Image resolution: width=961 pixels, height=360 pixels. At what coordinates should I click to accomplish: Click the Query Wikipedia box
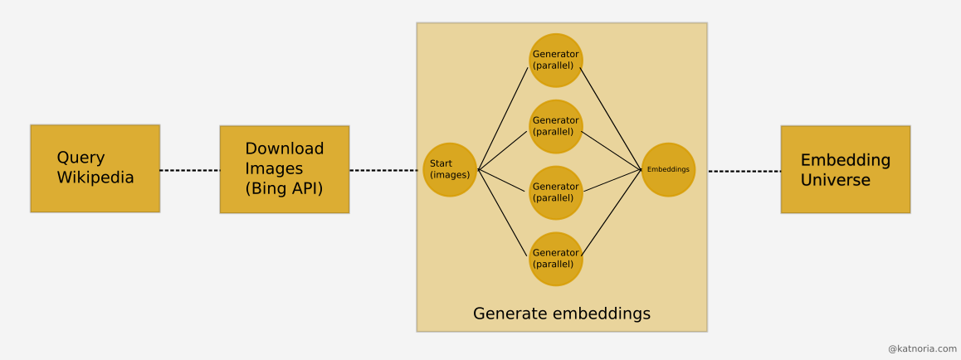pos(95,168)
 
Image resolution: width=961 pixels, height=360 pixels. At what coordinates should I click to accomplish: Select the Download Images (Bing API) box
pos(284,169)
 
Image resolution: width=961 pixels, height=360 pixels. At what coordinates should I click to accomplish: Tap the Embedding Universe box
pos(845,169)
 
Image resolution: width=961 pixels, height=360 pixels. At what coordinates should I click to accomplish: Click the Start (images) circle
pos(450,170)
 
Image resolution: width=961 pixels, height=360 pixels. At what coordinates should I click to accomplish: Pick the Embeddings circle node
pos(668,170)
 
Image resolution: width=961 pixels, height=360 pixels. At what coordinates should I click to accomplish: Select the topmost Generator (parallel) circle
pos(556,60)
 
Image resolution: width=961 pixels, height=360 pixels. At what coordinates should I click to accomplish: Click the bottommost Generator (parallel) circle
pos(556,259)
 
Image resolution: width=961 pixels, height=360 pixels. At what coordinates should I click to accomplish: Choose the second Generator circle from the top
pos(556,126)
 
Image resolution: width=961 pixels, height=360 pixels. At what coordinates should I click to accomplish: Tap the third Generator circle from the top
pos(556,192)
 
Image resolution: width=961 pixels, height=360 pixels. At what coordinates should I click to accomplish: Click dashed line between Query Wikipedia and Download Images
pos(189,170)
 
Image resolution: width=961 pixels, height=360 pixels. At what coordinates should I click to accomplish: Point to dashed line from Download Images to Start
pos(383,170)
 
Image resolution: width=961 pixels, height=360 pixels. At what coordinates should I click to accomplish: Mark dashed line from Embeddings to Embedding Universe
pos(744,171)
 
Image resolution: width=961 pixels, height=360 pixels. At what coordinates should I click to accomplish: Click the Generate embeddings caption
pos(561,314)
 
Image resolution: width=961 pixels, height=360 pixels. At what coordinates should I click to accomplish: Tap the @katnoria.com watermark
pos(922,349)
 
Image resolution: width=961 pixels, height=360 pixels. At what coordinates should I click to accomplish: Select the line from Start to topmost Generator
pos(504,118)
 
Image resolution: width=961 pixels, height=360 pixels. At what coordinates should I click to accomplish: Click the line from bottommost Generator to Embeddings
pos(612,212)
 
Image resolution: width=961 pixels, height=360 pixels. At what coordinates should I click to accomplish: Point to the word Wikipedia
pos(95,178)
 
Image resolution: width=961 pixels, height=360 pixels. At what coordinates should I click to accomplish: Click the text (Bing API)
pos(284,188)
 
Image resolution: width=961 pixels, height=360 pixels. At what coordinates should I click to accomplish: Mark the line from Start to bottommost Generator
pos(504,213)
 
